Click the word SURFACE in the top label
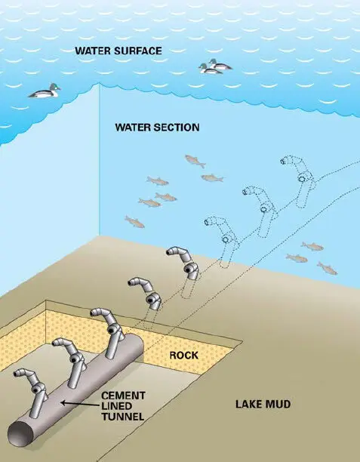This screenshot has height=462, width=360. point(138,51)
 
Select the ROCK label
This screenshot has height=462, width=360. point(184,356)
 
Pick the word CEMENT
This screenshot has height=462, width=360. point(123,396)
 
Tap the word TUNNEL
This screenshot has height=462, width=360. point(122,417)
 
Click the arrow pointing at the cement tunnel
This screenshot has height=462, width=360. point(79,404)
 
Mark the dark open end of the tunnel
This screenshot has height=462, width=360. point(20,434)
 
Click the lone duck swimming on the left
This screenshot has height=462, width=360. point(45,91)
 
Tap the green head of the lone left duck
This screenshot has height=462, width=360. point(54,87)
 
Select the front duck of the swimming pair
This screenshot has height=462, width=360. point(209,69)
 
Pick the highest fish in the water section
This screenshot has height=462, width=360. point(195,161)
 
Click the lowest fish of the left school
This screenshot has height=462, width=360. point(134,222)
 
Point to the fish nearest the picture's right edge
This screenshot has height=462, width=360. point(327,268)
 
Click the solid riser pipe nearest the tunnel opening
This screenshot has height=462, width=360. point(33,392)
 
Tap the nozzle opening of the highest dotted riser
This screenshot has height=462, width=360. point(283,161)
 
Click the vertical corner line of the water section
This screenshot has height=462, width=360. point(99,160)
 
